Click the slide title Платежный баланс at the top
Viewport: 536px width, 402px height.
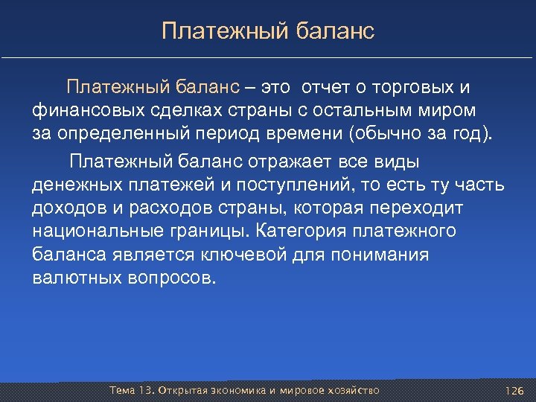(268, 31)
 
